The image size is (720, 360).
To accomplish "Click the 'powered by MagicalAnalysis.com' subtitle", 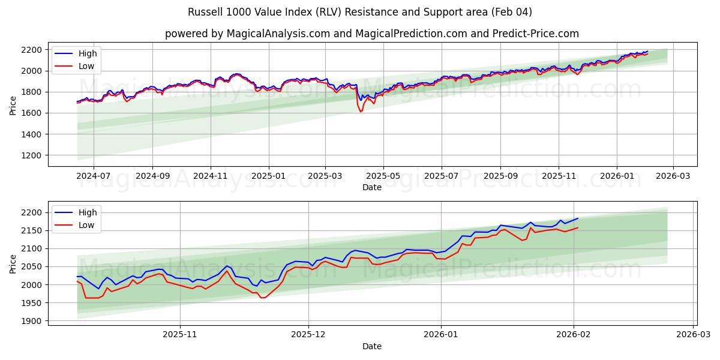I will click(247, 34).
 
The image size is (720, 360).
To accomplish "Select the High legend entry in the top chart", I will click(88, 53).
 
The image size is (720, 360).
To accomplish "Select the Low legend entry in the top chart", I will click(86, 66).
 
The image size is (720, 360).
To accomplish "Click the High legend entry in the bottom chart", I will click(88, 212).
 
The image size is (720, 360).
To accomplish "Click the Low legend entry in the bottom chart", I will click(86, 225).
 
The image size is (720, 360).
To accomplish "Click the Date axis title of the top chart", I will click(372, 187).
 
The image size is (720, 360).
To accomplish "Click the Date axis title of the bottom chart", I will click(372, 346).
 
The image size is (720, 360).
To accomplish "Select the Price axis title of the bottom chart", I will click(13, 263).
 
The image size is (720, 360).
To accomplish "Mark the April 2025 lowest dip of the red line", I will click(361, 112).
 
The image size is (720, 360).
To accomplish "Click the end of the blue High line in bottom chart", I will click(578, 218).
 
